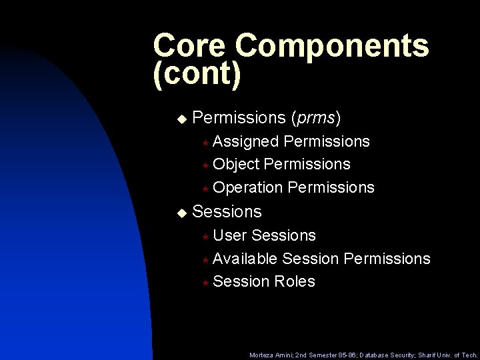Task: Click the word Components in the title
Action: (x=332, y=46)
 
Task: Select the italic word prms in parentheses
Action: (x=316, y=119)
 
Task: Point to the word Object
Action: (x=236, y=164)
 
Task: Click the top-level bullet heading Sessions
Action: (x=227, y=212)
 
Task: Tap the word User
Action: (x=231, y=235)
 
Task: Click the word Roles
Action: (x=294, y=281)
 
